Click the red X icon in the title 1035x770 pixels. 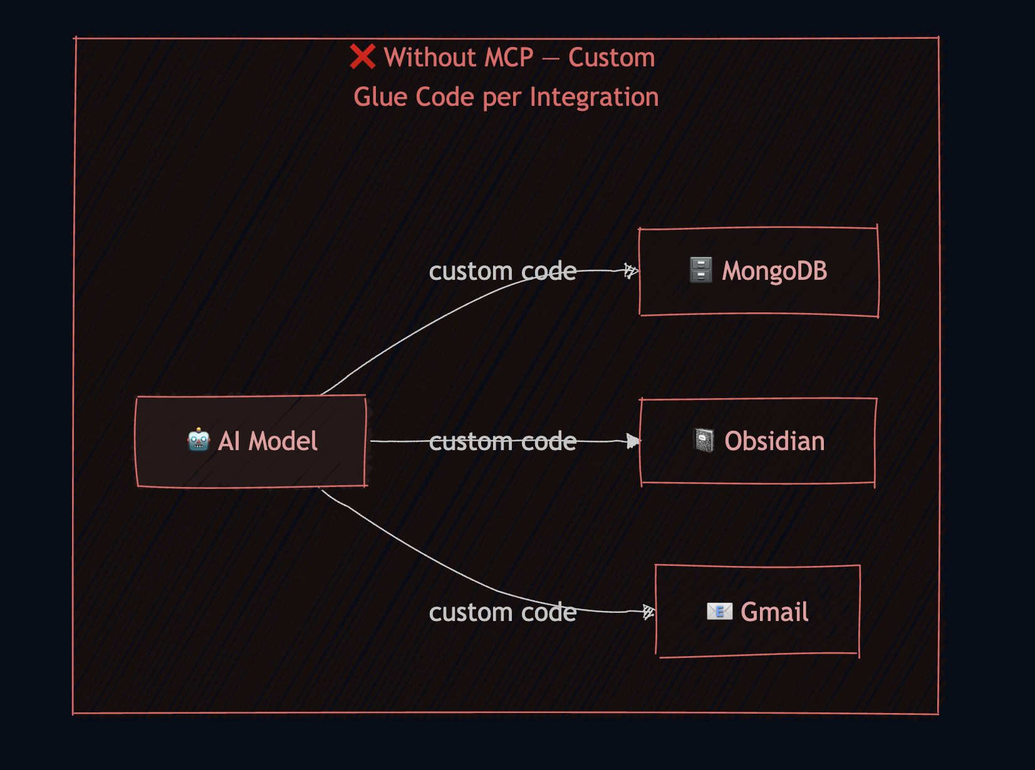[x=363, y=57]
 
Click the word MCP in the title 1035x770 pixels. [x=509, y=58]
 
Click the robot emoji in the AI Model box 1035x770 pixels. [x=199, y=440]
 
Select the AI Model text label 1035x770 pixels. [x=268, y=441]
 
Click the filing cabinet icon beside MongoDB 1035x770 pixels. [x=700, y=270]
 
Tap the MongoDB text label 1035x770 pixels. [x=774, y=271]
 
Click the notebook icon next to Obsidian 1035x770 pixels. [x=704, y=440]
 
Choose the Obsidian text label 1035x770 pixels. [x=774, y=441]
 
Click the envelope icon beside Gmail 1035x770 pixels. [x=719, y=611]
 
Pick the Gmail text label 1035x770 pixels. [x=774, y=612]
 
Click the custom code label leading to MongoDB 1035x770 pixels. [x=502, y=271]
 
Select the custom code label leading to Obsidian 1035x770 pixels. [x=502, y=441]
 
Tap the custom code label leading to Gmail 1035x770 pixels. [x=502, y=612]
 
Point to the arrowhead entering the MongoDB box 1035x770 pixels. [x=632, y=270]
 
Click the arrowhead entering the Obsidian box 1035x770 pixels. [x=633, y=441]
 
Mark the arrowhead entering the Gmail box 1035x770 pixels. [x=648, y=612]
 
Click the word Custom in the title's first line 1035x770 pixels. [x=611, y=58]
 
